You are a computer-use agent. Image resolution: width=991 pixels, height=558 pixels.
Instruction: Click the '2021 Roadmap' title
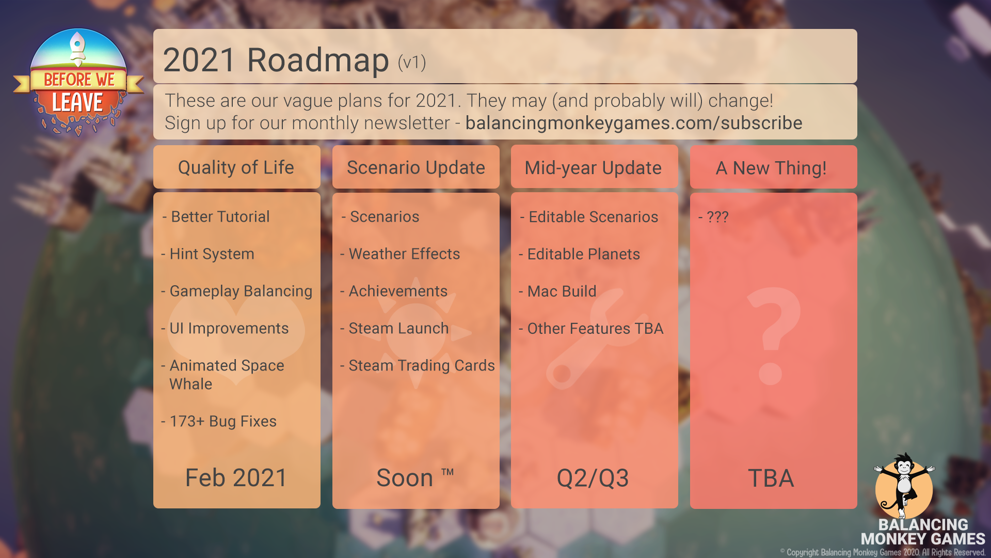[x=276, y=60]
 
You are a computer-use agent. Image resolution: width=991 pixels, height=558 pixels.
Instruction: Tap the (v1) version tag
[x=412, y=63]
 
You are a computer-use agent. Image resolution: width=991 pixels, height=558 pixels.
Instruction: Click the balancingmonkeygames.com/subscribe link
[x=634, y=123]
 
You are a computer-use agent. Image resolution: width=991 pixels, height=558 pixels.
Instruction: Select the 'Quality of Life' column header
[x=236, y=167]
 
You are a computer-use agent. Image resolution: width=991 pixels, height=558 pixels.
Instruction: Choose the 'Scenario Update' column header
[x=416, y=167]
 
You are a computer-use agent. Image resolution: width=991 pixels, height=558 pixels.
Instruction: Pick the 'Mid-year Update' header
[x=593, y=168]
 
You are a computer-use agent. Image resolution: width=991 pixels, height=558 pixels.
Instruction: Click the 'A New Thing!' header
[x=771, y=168]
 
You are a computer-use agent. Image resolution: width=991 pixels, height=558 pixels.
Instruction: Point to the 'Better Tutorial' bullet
[x=216, y=216]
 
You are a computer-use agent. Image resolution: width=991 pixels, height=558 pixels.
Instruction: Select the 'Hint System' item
[x=207, y=254]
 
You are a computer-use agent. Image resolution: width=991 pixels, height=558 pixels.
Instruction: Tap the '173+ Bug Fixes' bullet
[x=219, y=421]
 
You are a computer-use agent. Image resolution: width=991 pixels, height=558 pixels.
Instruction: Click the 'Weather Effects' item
[x=400, y=254]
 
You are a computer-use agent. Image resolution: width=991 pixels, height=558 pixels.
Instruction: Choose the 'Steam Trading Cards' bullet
[x=418, y=365]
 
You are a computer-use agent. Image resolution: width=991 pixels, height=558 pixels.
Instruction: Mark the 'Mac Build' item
[x=557, y=291]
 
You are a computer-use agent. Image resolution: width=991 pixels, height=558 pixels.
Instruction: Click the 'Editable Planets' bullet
[x=579, y=254]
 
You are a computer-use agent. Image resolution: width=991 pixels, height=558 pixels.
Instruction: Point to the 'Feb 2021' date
[x=236, y=477]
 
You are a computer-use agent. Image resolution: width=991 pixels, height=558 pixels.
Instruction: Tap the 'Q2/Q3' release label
[x=593, y=478]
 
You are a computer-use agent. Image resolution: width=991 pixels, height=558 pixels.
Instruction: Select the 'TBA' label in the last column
[x=771, y=478]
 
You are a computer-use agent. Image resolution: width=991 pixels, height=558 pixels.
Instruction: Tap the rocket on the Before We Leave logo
[x=77, y=49]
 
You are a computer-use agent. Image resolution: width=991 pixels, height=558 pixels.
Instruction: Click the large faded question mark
[x=773, y=336]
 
